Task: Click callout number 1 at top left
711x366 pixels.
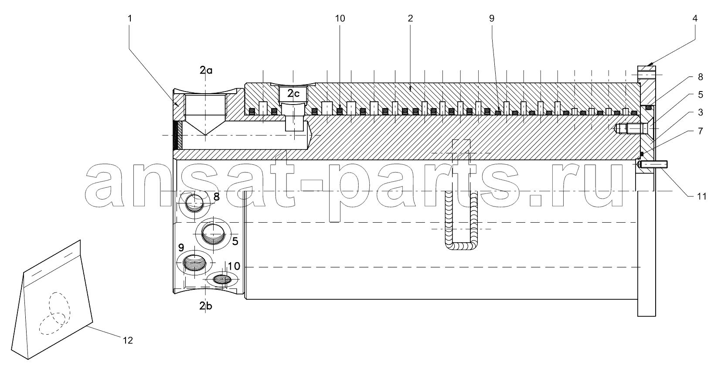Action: [x=129, y=19]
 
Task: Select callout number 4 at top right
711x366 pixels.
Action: [x=695, y=19]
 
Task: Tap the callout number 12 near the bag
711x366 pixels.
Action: [x=128, y=341]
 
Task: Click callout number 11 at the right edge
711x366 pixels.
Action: [x=701, y=197]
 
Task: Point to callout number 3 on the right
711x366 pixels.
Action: [x=700, y=112]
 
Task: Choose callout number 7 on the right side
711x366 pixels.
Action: [x=700, y=131]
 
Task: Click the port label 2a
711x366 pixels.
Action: [x=206, y=70]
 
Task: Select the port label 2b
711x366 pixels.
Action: [x=206, y=306]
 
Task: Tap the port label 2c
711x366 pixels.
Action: [x=293, y=93]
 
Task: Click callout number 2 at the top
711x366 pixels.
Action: [x=410, y=19]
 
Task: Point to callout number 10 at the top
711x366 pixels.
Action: [x=340, y=19]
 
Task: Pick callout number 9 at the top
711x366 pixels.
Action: [x=492, y=19]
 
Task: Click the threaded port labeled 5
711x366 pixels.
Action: [x=214, y=234]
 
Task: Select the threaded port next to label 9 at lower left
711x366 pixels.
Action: [x=194, y=263]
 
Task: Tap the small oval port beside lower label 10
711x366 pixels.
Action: [x=222, y=279]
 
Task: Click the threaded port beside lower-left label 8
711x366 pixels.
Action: [x=194, y=203]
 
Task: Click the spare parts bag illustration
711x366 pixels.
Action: [x=52, y=300]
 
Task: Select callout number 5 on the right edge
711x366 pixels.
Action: [x=700, y=95]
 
